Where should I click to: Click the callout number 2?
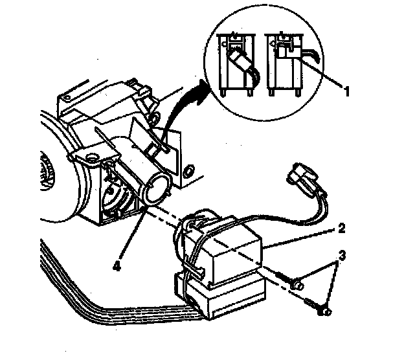tap(341, 228)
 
